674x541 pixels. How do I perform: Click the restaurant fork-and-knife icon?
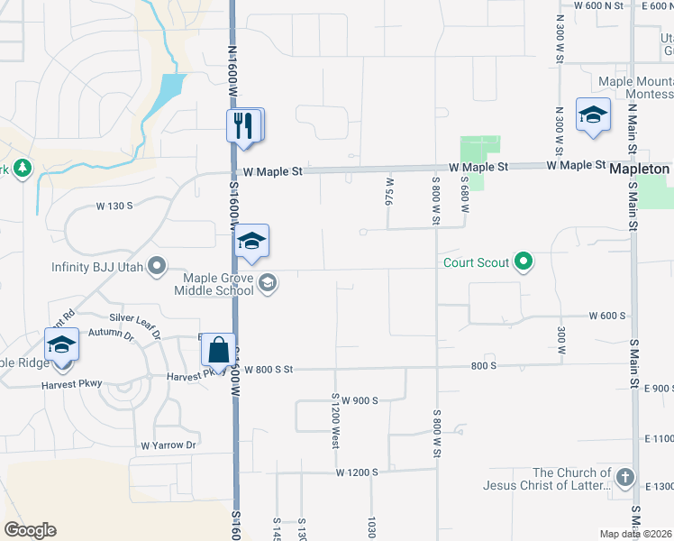(242, 125)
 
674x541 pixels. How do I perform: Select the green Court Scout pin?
(523, 263)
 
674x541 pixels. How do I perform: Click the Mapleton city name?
(639, 170)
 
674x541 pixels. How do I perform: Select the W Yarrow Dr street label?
(168, 445)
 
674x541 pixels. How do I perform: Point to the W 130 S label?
(114, 206)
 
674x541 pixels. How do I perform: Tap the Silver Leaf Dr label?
(134, 320)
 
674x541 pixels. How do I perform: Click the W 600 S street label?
(607, 316)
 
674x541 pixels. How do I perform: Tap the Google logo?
(30, 530)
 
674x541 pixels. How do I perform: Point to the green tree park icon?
(22, 168)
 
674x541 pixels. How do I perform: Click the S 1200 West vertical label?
(335, 421)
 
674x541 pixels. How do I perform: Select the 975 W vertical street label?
(390, 197)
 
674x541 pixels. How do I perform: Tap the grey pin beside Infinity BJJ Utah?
(157, 266)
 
